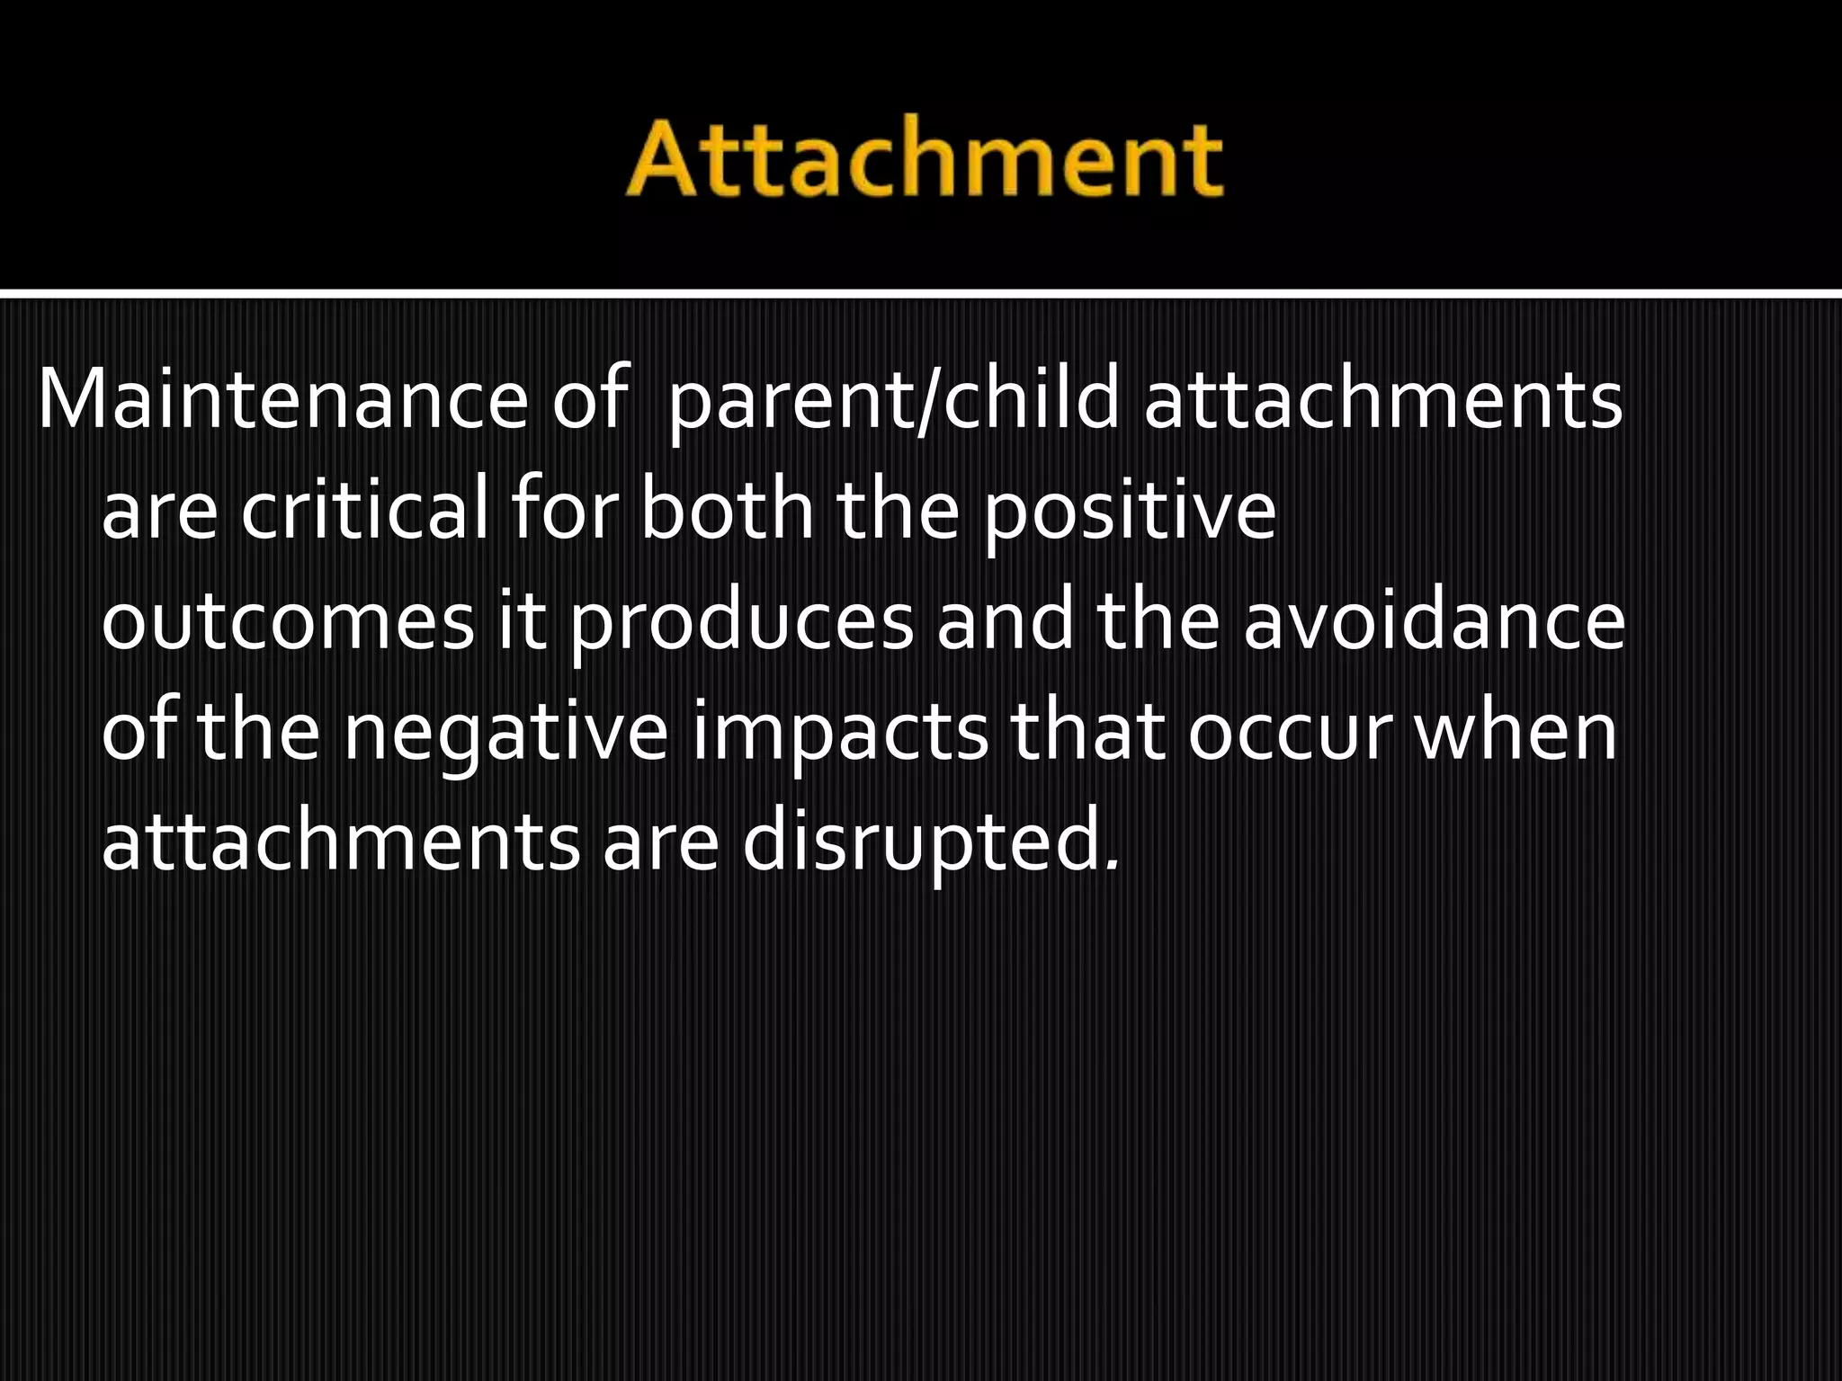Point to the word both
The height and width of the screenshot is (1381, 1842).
click(x=727, y=511)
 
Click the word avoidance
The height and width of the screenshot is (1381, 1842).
click(x=1434, y=622)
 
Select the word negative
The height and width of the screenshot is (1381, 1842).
click(x=505, y=733)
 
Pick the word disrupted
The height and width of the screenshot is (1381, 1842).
click(x=931, y=843)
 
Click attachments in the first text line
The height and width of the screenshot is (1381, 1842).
click(x=1382, y=400)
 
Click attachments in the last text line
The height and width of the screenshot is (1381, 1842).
click(x=341, y=843)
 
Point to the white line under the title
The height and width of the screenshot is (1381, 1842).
click(x=921, y=293)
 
